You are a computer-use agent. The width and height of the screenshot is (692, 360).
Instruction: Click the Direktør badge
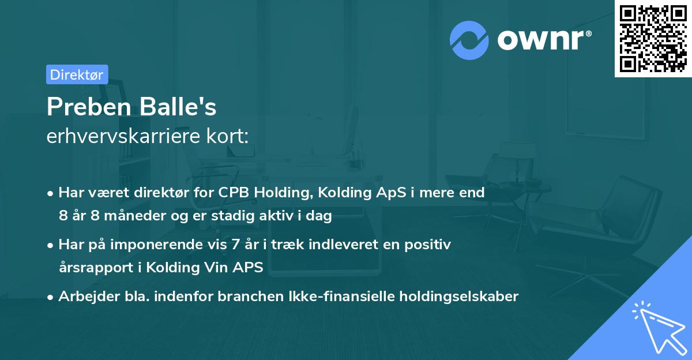[77, 74]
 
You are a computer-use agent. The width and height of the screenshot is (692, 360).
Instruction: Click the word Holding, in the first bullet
[280, 193]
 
